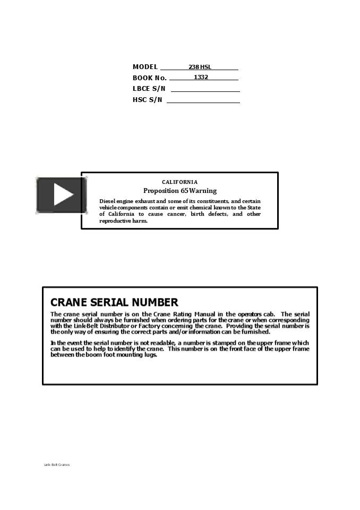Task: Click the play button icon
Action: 62,195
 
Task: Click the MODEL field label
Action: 145,67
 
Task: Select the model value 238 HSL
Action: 200,67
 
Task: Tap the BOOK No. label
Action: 149,78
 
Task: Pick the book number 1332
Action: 201,78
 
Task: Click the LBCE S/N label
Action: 149,89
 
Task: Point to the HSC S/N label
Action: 147,100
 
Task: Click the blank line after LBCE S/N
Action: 205,90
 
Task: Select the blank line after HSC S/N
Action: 203,101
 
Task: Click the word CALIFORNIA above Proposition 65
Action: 179,182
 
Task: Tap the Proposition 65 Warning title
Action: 180,191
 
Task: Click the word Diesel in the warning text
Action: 107,201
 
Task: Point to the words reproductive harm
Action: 123,221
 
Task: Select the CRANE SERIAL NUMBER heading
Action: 114,302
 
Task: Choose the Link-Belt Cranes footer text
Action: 56,465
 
